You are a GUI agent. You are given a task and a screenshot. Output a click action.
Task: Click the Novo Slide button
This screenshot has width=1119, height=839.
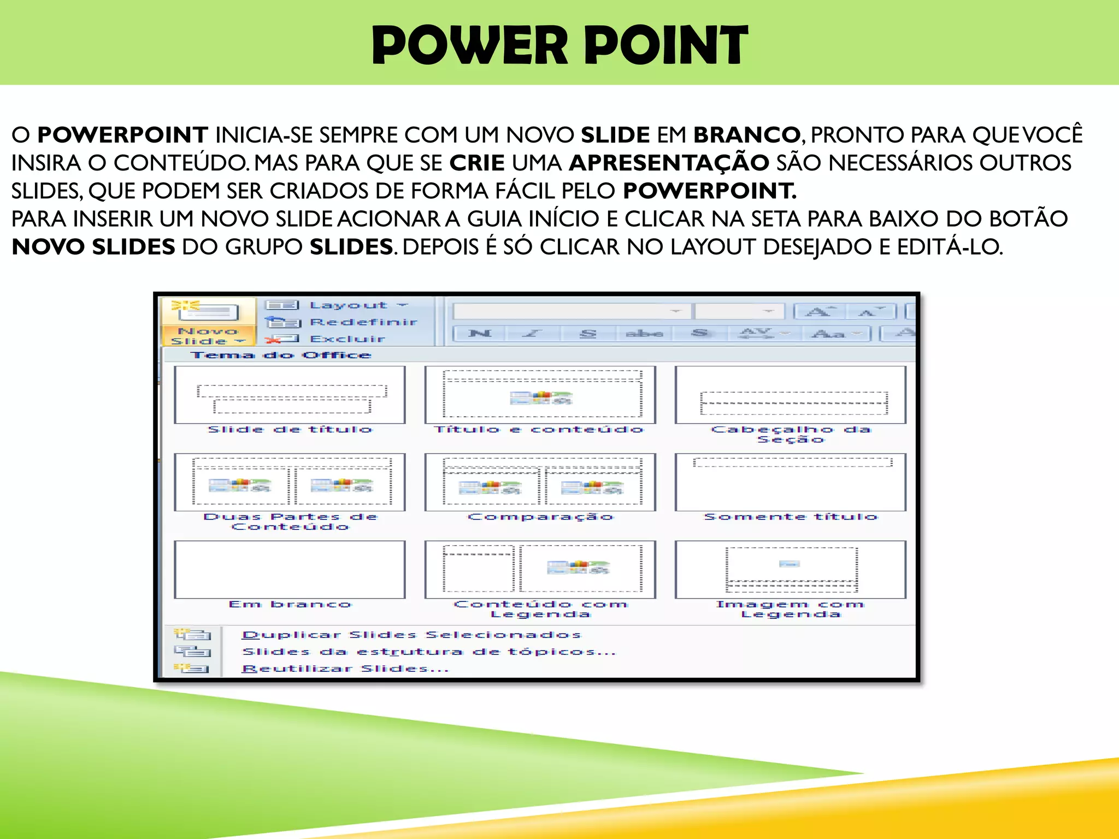(x=208, y=322)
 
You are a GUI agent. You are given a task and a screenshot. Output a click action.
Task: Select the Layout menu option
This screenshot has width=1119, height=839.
(x=348, y=305)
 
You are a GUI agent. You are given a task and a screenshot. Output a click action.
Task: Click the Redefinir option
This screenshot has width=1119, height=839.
(x=363, y=322)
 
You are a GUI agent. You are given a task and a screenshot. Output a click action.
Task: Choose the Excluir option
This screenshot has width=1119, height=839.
(x=347, y=339)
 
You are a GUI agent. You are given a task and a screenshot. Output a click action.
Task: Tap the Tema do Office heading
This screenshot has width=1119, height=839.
(x=281, y=356)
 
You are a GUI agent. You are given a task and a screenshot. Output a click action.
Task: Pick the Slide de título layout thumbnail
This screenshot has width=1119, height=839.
(x=290, y=395)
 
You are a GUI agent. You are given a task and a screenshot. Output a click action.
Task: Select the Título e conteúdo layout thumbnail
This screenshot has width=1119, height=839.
(x=540, y=395)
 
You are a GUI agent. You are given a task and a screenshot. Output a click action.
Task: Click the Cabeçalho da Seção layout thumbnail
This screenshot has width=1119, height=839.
(x=790, y=395)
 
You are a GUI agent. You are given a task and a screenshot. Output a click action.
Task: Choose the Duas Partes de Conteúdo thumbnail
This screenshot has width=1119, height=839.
(x=290, y=482)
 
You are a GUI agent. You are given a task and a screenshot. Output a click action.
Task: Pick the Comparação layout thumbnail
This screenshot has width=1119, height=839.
(x=540, y=482)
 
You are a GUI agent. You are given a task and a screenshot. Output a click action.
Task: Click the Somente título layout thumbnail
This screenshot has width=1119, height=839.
(x=790, y=482)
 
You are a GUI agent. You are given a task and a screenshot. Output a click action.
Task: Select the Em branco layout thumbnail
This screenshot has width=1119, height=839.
(x=290, y=570)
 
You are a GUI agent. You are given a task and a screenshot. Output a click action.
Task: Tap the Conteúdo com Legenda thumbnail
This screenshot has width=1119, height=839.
(x=540, y=570)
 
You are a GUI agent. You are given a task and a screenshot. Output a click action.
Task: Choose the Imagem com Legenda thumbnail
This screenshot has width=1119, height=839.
(x=790, y=570)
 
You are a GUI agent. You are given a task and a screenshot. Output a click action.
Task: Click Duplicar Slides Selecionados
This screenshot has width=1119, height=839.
(x=411, y=635)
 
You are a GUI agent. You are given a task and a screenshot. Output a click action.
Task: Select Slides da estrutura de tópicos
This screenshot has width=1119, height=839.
(x=429, y=652)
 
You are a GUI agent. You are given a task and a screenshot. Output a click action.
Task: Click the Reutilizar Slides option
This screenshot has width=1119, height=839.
(x=345, y=669)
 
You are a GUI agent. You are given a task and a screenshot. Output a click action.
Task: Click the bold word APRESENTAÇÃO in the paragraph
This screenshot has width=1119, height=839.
(x=669, y=163)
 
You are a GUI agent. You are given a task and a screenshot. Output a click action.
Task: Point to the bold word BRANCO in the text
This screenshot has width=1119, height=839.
(x=747, y=135)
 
